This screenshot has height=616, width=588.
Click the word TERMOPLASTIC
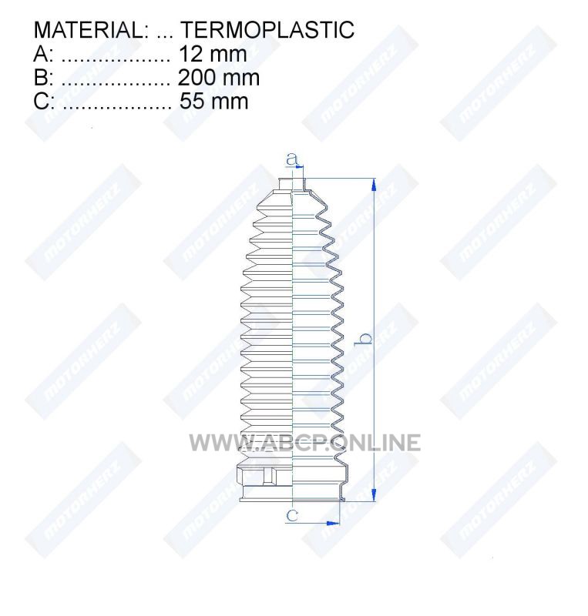pos(267,30)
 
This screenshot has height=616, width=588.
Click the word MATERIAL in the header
pos(88,30)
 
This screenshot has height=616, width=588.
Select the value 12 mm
pos(213,54)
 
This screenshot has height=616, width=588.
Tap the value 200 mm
pos(219,78)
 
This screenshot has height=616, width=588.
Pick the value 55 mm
pos(214,101)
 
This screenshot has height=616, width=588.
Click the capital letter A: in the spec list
pos(43,54)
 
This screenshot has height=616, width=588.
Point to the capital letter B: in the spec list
pos(43,78)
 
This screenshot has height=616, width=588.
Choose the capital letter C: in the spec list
pos(44,101)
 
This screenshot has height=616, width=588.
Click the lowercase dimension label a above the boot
pos(292,159)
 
